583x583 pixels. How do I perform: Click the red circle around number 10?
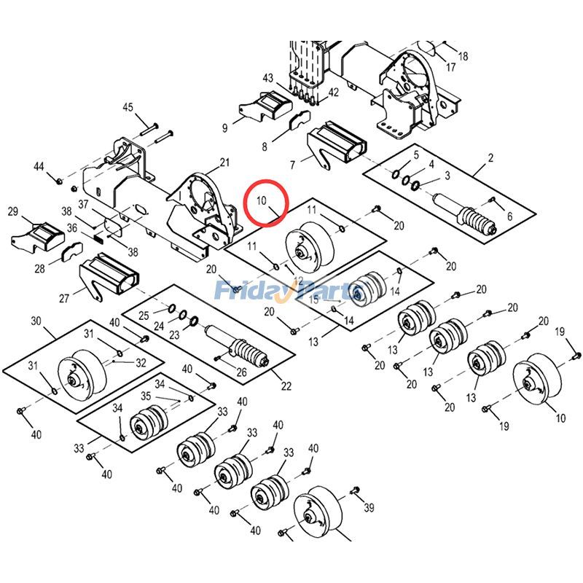[246, 203]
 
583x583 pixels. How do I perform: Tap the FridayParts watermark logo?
[289, 290]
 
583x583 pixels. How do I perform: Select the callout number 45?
[128, 107]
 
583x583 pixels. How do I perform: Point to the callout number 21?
[224, 163]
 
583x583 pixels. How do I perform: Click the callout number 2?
[490, 157]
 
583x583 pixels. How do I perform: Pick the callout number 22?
[286, 386]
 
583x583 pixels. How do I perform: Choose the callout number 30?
[36, 321]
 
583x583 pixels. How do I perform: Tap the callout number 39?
[369, 507]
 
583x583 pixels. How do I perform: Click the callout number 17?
[450, 67]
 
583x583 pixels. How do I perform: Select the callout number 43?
[267, 78]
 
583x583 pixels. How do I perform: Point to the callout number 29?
[13, 211]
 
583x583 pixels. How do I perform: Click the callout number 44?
[39, 167]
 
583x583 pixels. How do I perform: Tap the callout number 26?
[241, 372]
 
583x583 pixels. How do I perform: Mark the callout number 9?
[224, 128]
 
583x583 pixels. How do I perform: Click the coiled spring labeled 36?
[97, 238]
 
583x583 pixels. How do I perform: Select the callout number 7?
[293, 165]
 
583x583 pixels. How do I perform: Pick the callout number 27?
[64, 298]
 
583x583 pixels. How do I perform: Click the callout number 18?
[463, 57]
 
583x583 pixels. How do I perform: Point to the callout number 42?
[333, 93]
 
